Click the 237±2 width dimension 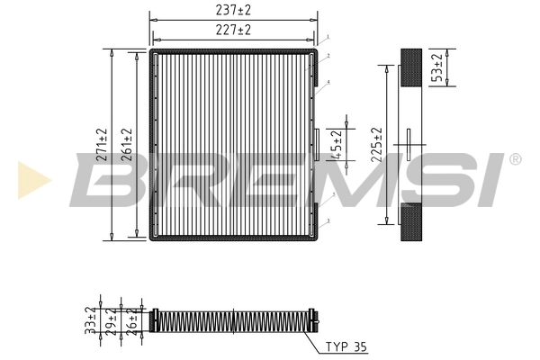pos(233,10)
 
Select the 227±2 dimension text pos(233,30)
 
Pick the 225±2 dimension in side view pos(378,144)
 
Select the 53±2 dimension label pos(438,68)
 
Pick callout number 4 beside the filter pos(329,82)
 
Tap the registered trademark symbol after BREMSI pos(515,158)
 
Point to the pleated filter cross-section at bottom pos(234,320)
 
